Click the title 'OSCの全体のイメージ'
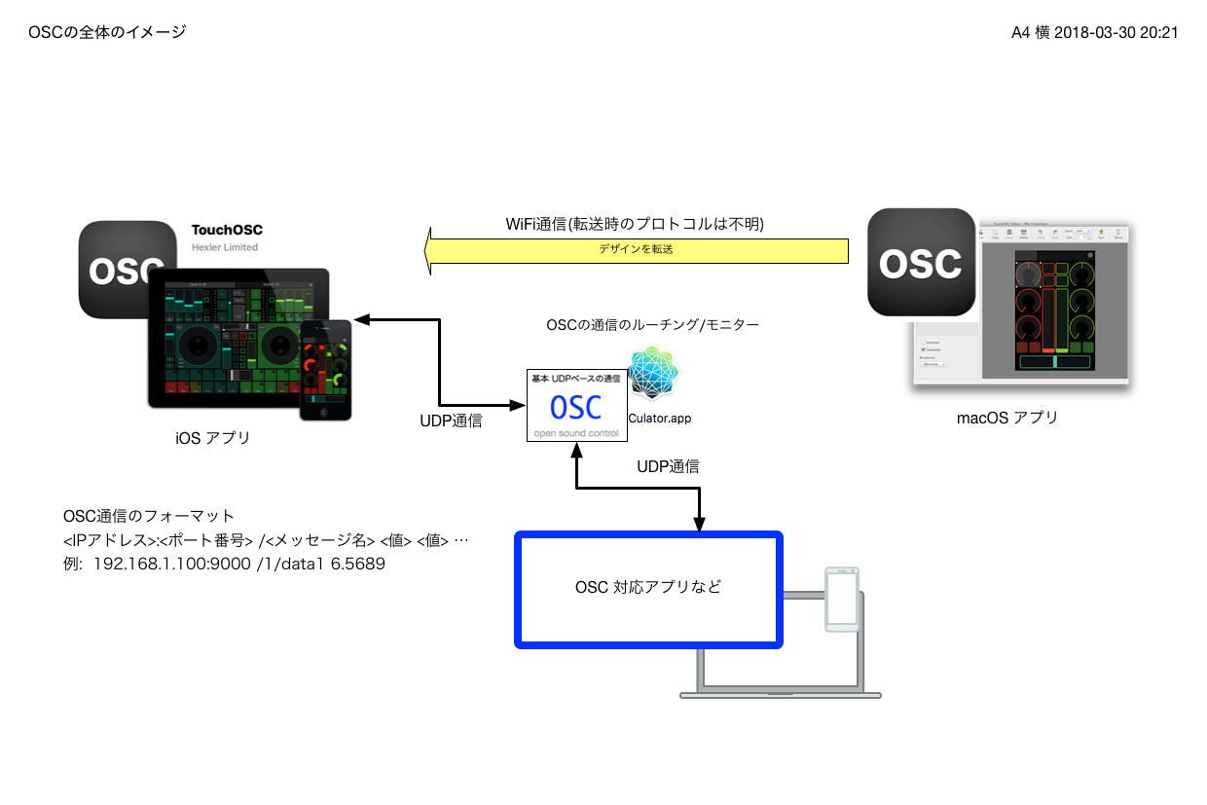[107, 32]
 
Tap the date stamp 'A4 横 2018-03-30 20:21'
[1095, 32]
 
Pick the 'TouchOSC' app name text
[227, 231]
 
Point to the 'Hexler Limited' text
[224, 247]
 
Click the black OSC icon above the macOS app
[921, 262]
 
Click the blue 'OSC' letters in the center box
[575, 407]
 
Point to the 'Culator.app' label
[659, 418]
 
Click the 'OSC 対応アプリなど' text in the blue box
[648, 588]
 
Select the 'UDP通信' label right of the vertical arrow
[668, 466]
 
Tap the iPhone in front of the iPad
[325, 370]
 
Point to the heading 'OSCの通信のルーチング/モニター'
[652, 324]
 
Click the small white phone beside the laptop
[841, 599]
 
